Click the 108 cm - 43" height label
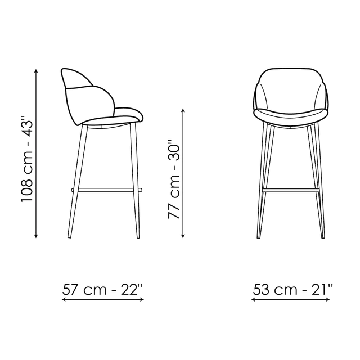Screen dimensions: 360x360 [27, 159]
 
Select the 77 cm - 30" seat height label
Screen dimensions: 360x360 [174, 179]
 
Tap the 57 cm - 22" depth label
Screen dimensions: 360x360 [102, 290]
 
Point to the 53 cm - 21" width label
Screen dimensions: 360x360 [292, 290]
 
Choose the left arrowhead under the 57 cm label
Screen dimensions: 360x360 [64, 299]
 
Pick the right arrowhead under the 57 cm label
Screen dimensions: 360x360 [142, 299]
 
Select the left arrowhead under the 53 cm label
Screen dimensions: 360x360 [254, 299]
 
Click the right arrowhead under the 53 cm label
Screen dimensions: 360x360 [328, 299]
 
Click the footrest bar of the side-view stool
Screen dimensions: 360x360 [107, 190]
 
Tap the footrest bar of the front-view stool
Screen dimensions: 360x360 [291, 190]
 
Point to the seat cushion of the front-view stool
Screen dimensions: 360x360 [291, 115]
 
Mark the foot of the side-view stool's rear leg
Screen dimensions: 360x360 [69, 236]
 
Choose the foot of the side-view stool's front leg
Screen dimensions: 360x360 [138, 236]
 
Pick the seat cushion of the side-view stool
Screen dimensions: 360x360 [112, 119]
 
